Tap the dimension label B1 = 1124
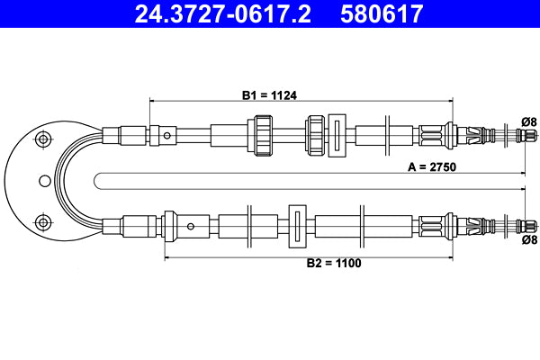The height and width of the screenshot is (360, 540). pyautogui.click(x=269, y=94)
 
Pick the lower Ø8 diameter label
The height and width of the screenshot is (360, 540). pyautogui.click(x=528, y=240)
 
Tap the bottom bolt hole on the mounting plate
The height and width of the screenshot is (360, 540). pyautogui.click(x=40, y=222)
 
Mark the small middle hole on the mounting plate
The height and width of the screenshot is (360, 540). pyautogui.click(x=44, y=181)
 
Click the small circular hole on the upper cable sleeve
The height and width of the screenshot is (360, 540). pyautogui.click(x=168, y=137)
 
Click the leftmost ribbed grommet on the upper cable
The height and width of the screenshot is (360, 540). pyautogui.click(x=264, y=137)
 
